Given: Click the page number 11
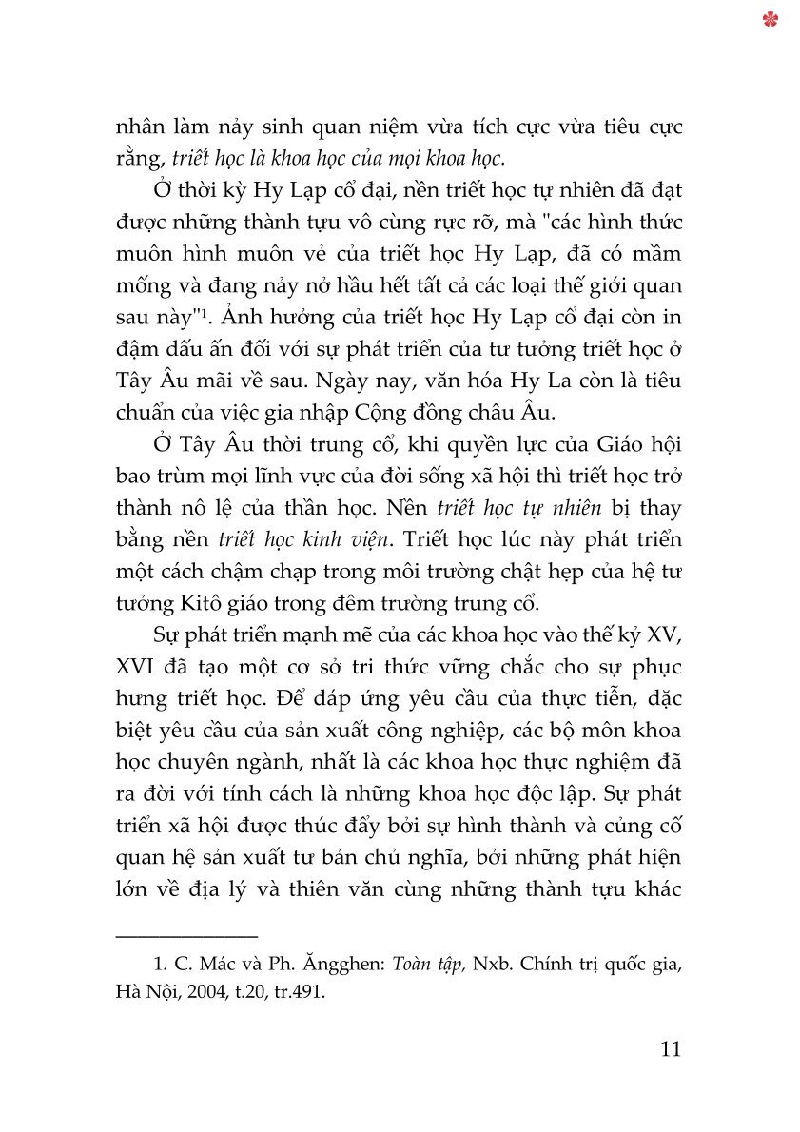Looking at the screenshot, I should click(670, 1049).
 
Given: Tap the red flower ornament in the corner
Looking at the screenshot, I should click(771, 18).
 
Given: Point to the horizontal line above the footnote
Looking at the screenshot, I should click(186, 937).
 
